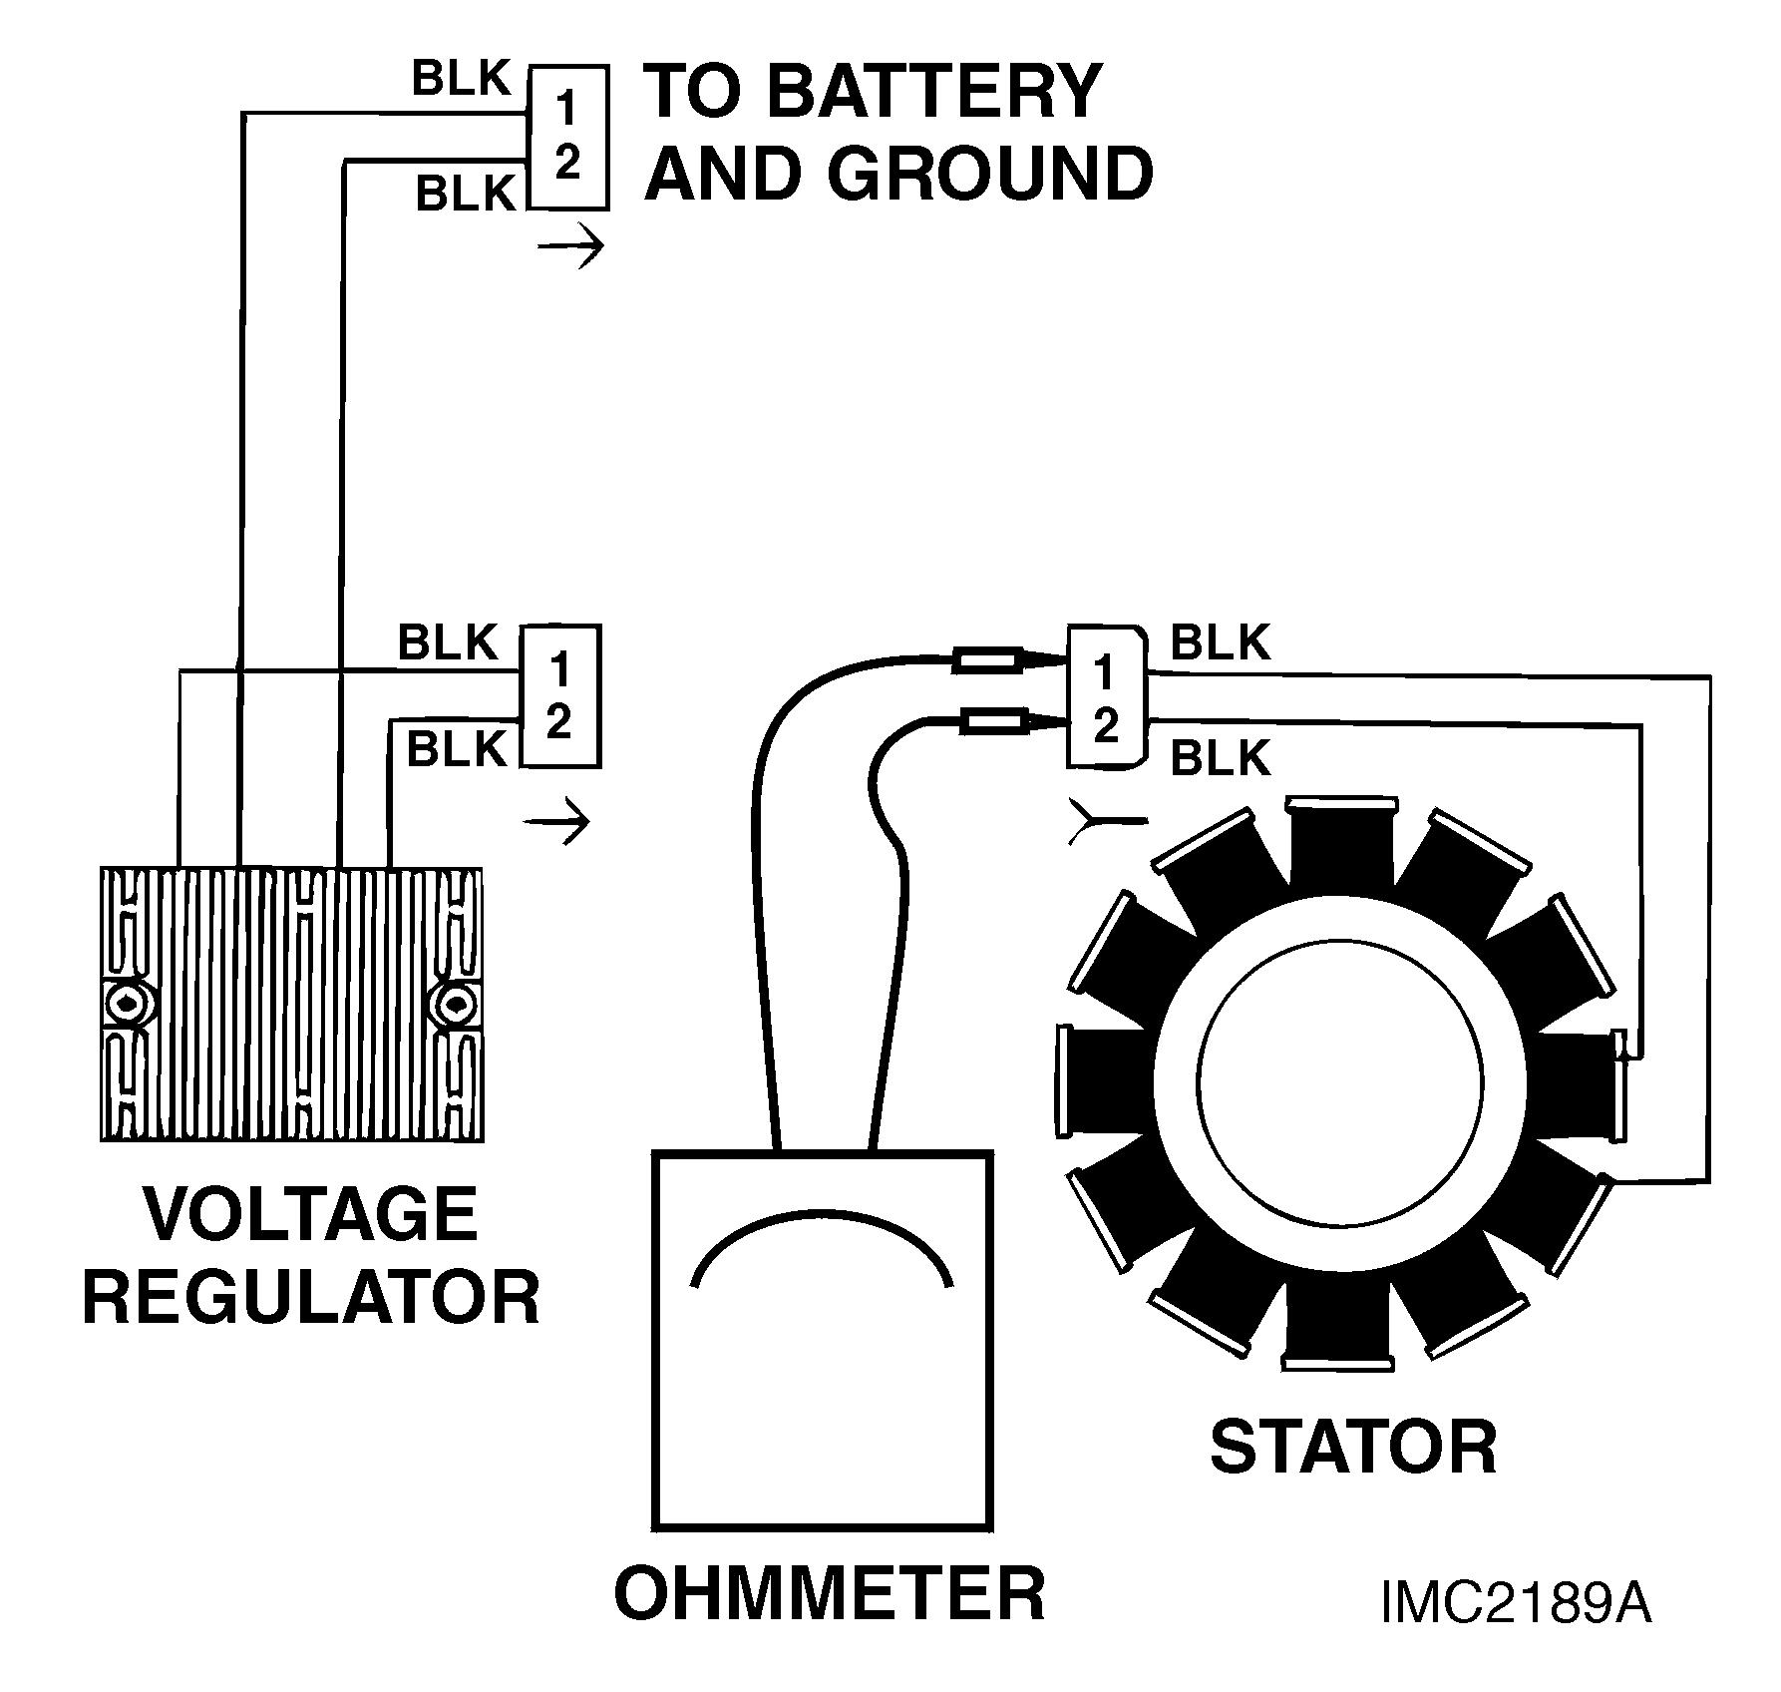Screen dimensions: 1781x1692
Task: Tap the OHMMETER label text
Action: pos(830,1592)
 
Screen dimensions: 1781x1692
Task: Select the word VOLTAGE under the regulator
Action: pos(310,1214)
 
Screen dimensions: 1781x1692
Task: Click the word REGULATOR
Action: pos(311,1297)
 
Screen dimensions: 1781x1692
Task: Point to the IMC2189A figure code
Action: pos(1516,1631)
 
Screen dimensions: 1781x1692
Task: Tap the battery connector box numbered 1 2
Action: pos(567,137)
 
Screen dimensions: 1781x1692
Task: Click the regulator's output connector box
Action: pos(559,695)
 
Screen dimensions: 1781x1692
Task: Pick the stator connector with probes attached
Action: pos(1107,697)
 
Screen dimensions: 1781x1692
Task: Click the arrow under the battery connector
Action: pos(570,245)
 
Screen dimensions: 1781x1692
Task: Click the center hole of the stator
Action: pos(1340,1085)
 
